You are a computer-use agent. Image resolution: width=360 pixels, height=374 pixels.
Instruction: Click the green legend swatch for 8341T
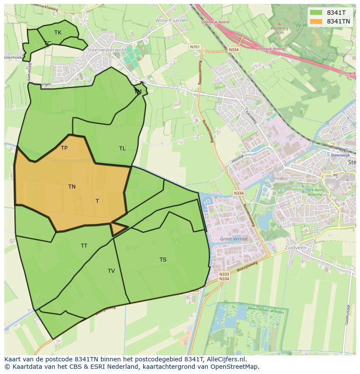click(316, 13)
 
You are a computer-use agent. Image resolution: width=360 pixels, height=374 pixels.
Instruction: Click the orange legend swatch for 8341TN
click(316, 21)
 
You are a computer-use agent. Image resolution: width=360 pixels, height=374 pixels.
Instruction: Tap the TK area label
click(58, 33)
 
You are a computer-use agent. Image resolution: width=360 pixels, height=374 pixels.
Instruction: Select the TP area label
click(64, 148)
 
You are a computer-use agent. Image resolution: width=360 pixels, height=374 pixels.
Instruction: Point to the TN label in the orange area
click(72, 187)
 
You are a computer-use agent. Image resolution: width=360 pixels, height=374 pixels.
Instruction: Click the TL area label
click(122, 149)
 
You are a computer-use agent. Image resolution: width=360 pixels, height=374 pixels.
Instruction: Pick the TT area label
click(84, 246)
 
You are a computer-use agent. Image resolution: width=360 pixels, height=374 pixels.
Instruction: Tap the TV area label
click(111, 271)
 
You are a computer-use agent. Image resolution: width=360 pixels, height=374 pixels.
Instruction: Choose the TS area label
click(163, 260)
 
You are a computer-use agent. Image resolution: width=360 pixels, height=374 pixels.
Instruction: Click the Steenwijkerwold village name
click(107, 50)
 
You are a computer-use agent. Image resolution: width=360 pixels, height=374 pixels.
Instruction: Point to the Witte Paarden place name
click(172, 20)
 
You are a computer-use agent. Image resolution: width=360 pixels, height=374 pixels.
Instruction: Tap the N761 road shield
click(195, 47)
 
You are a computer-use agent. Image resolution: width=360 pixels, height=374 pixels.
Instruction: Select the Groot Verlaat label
click(234, 239)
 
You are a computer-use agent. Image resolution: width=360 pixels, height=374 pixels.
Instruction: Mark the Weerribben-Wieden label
click(265, 311)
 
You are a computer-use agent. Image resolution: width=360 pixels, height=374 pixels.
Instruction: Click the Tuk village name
click(244, 108)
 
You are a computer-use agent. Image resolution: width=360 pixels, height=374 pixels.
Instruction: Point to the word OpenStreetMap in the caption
click(235, 367)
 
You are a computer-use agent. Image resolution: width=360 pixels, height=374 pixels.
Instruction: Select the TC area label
click(47, 43)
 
